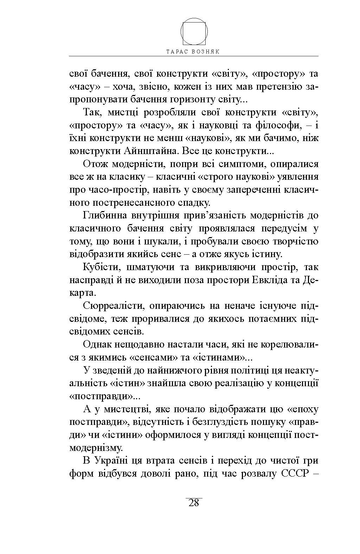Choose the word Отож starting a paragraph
(x=94, y=164)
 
